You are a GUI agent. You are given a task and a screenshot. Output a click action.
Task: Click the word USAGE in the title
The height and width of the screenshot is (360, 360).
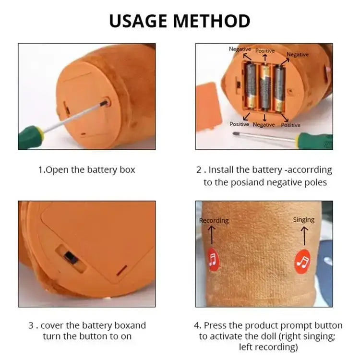point(138,21)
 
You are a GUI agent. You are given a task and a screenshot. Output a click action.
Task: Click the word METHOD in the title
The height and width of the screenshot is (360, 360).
point(212,21)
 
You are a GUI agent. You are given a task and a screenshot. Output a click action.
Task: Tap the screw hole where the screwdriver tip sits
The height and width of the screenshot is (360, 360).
point(106,103)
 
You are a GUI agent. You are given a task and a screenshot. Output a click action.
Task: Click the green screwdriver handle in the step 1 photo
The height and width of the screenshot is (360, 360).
point(31,138)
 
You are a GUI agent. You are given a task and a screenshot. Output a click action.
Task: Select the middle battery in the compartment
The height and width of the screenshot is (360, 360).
point(265,88)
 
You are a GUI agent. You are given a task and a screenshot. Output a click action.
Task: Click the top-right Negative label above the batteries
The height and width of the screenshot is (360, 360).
point(298,55)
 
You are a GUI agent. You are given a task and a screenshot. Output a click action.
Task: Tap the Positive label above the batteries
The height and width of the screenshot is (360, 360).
point(265,51)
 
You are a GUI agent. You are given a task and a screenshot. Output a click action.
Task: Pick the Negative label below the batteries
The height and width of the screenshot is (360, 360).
point(264,125)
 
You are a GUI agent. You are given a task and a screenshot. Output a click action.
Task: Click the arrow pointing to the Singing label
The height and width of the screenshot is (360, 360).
point(304,236)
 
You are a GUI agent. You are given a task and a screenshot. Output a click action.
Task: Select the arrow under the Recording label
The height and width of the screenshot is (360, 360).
point(212,235)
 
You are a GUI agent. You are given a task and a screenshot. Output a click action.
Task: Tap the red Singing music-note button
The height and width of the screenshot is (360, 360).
point(302,262)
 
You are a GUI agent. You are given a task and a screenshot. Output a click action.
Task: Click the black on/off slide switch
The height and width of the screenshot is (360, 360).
point(71,258)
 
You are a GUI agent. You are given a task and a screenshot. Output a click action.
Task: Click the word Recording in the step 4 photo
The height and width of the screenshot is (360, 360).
point(214,221)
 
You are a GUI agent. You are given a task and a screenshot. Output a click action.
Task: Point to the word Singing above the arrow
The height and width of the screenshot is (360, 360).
point(304,220)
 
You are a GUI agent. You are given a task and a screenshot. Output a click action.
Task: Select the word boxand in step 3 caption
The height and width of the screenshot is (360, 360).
point(130,325)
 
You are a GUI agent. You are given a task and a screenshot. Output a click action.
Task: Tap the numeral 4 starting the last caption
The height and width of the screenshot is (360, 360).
point(196,325)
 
